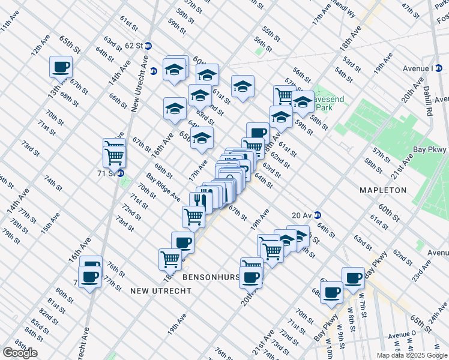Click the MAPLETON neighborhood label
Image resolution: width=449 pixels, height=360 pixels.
pyautogui.click(x=383, y=190)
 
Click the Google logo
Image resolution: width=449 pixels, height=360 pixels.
pyautogui.click(x=20, y=353)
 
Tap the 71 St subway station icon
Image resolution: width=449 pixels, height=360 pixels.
pyautogui.click(x=120, y=173)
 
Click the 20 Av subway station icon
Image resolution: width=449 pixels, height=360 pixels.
pyautogui.click(x=317, y=216)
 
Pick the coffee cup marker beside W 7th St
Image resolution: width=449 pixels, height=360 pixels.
pyautogui.click(x=353, y=277)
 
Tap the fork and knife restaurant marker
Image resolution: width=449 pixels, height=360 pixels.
pyautogui.click(x=200, y=201)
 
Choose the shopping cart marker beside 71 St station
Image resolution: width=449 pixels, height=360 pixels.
pyautogui.click(x=115, y=157)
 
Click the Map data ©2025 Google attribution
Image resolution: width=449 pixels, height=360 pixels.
pyautogui.click(x=412, y=355)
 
